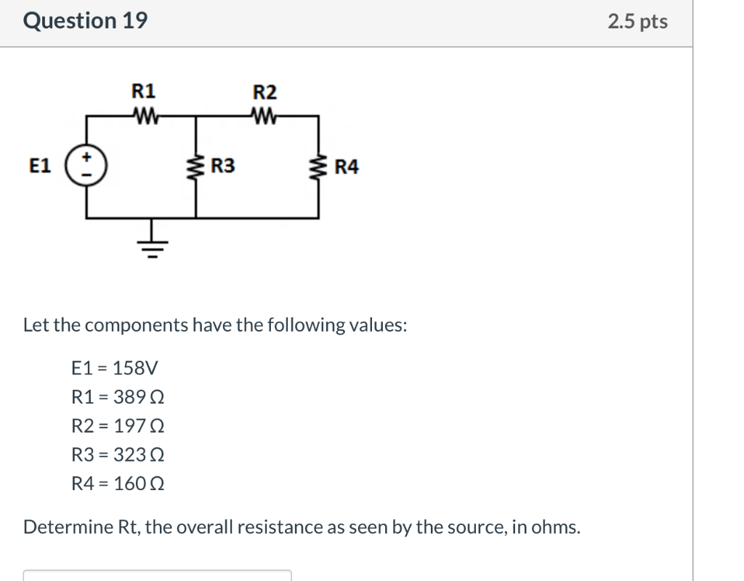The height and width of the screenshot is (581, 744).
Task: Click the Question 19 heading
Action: [85, 20]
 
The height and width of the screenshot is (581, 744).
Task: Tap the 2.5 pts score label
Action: [637, 21]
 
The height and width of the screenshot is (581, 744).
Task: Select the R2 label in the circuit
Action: [264, 92]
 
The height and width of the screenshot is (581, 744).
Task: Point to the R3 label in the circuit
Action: [222, 167]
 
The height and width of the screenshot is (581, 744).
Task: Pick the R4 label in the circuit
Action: [346, 167]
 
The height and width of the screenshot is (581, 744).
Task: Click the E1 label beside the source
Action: [41, 167]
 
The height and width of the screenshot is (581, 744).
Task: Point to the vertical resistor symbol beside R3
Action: [195, 167]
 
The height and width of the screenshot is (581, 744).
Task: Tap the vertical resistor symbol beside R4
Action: [318, 167]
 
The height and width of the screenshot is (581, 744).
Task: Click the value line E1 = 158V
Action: [114, 368]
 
